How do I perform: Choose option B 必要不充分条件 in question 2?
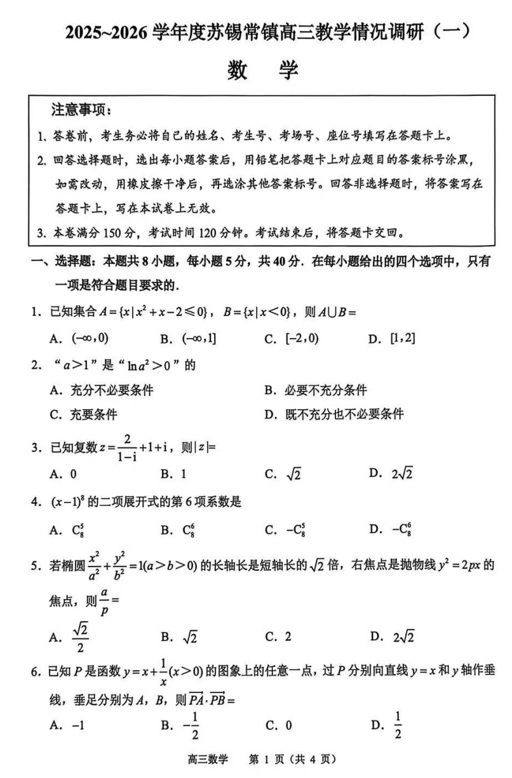[x=316, y=390]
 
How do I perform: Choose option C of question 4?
[x=286, y=529]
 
